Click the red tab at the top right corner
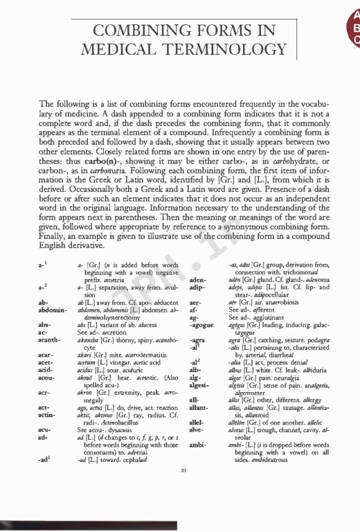(x=353, y=28)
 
